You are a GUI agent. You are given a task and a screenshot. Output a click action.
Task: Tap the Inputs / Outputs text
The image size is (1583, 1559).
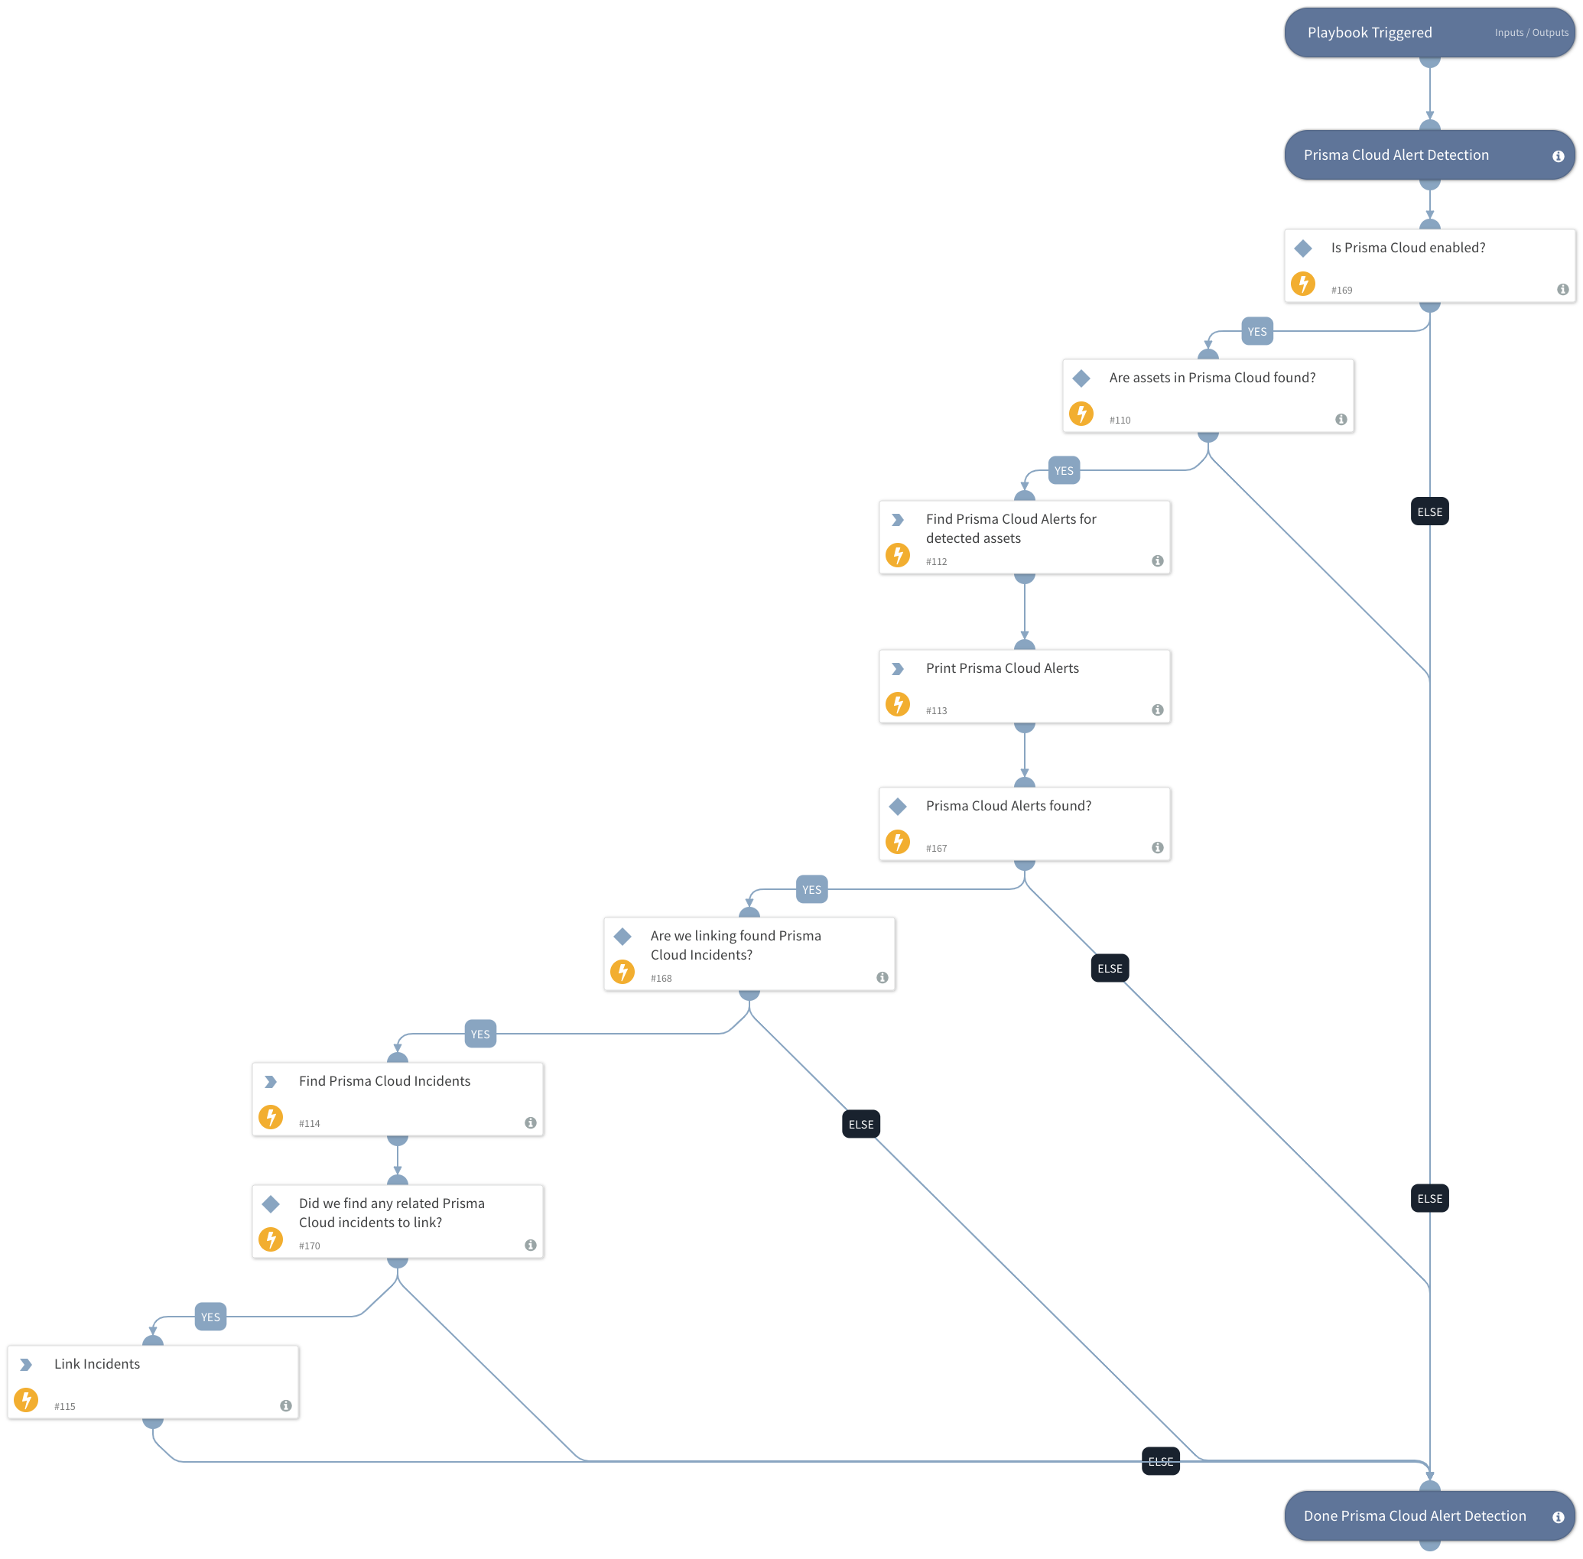(x=1529, y=33)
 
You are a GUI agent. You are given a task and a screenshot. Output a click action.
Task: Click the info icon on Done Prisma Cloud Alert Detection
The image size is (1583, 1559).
(x=1557, y=1516)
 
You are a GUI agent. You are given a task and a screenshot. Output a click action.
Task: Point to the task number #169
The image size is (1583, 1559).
(x=1341, y=290)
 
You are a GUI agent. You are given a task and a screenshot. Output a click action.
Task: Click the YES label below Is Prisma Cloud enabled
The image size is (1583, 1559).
(x=1256, y=332)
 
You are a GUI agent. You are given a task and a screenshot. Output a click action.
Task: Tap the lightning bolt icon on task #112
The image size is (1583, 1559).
(x=897, y=555)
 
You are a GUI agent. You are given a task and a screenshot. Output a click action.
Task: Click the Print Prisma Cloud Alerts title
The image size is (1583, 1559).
(x=1002, y=668)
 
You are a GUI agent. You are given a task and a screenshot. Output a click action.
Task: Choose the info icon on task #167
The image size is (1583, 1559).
(x=1156, y=847)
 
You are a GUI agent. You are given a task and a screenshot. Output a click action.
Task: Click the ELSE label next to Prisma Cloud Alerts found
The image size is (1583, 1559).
(x=1109, y=968)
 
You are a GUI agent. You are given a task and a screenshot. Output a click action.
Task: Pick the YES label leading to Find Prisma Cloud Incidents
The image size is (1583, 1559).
(x=480, y=1034)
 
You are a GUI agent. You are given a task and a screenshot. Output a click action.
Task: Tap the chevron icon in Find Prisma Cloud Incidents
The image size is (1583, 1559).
(x=270, y=1082)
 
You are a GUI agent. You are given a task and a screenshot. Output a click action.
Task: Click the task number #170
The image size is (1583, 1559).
(x=309, y=1246)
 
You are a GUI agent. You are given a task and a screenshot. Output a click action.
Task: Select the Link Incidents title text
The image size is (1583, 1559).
(x=96, y=1363)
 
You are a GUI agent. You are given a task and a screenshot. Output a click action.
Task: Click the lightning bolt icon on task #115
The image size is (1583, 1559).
(x=25, y=1399)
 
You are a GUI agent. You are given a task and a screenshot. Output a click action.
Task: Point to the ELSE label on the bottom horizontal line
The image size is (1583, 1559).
(x=1159, y=1462)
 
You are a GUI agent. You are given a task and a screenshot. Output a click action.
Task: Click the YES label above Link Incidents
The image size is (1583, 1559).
(x=210, y=1317)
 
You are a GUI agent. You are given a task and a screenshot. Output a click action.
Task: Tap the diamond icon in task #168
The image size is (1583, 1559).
(x=622, y=936)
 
